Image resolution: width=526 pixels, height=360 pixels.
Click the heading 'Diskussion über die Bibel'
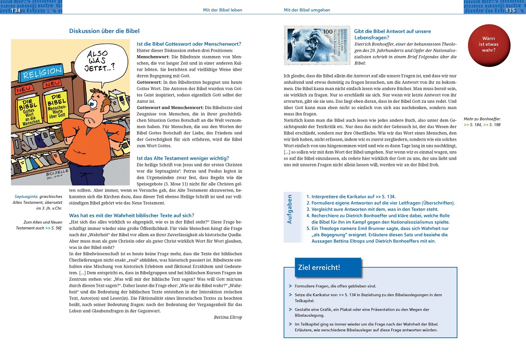coord(104,31)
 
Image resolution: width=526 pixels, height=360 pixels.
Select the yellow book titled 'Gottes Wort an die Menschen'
coord(29,109)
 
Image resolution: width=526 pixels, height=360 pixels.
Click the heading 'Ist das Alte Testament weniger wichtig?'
coord(183,158)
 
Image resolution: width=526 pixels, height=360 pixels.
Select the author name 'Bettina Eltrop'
coord(228,317)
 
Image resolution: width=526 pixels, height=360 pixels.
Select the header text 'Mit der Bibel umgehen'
coord(307,10)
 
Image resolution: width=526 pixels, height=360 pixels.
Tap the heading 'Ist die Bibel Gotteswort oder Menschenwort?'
coord(189,44)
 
